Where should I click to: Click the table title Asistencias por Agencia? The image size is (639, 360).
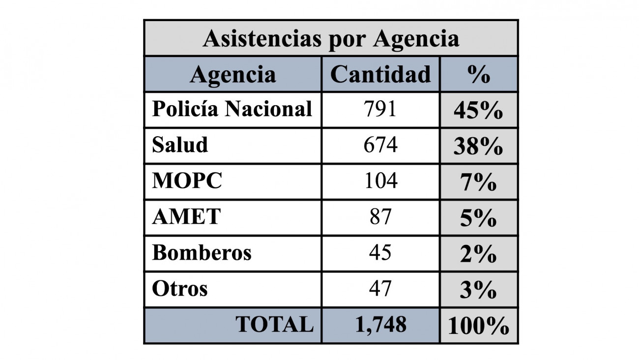(331, 39)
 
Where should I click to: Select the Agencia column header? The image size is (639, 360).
(232, 75)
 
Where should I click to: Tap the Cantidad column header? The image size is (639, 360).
(380, 74)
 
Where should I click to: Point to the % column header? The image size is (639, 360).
(479, 75)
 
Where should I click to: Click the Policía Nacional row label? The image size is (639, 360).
(232, 109)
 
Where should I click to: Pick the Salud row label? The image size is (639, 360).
(180, 145)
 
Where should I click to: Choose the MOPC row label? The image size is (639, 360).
(187, 181)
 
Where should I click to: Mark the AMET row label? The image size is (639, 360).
(186, 217)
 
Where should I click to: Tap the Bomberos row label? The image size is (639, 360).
(202, 253)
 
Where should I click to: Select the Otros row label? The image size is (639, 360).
(179, 289)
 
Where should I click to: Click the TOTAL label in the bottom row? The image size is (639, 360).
(274, 325)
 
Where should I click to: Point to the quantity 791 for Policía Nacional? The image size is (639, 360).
(380, 109)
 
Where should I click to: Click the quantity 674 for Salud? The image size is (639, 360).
(380, 145)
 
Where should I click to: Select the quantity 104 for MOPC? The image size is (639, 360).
(380, 181)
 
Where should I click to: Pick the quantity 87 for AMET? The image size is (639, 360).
(380, 217)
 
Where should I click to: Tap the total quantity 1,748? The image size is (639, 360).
(380, 325)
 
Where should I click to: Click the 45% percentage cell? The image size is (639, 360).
(478, 111)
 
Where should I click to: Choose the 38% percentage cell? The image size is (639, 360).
(478, 147)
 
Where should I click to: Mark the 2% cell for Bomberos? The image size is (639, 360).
(478, 255)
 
